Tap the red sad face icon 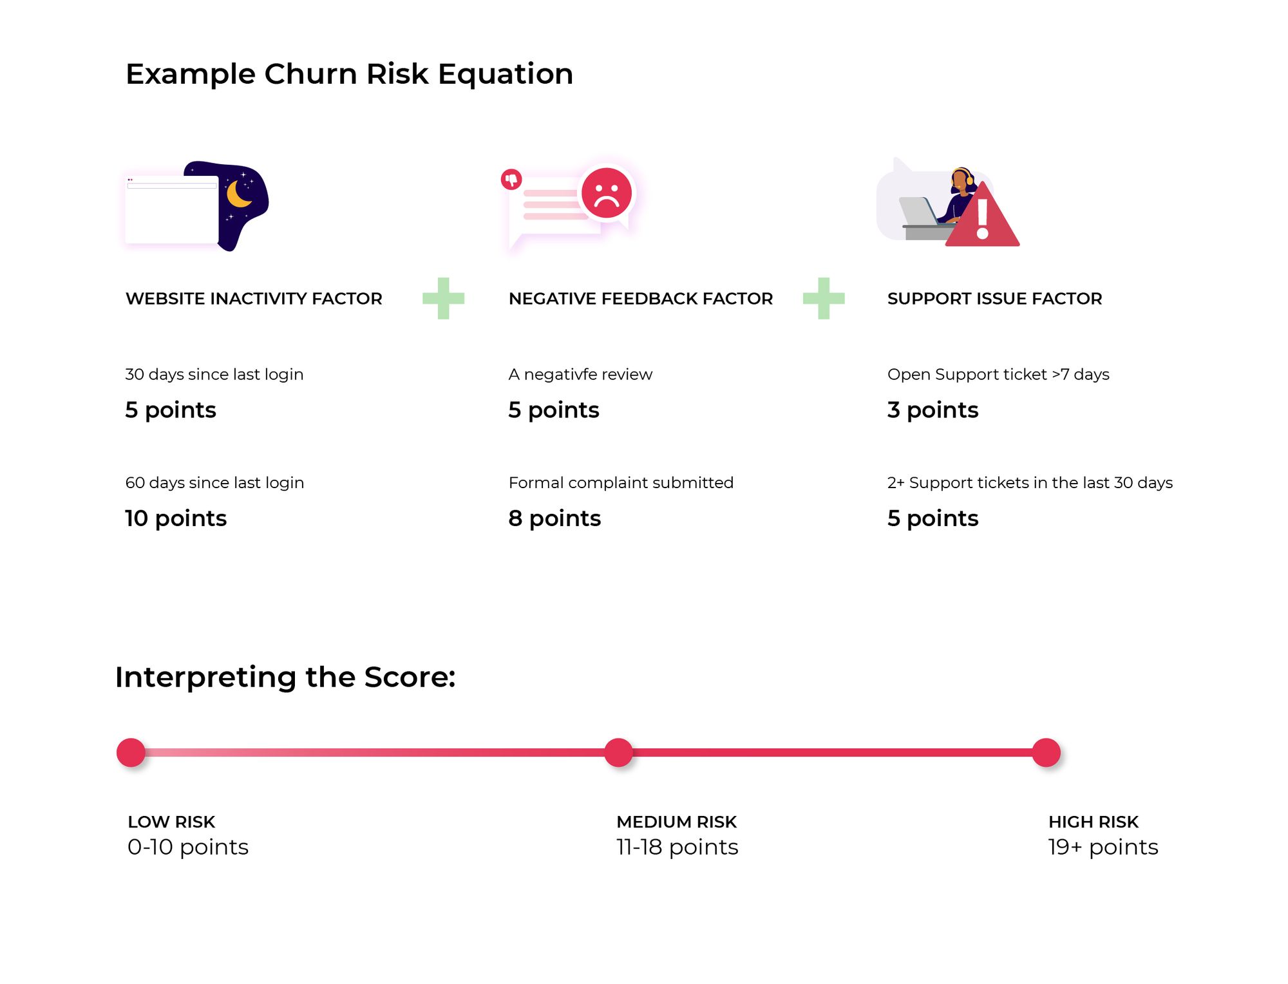pos(606,192)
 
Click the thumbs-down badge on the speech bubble pos(511,179)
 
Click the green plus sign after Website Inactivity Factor pos(443,298)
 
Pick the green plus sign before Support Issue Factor pos(823,298)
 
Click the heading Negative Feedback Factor pos(640,299)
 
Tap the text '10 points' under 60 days pos(176,518)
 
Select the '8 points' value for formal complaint pos(554,518)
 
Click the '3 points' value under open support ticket pos(932,410)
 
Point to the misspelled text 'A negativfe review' pos(580,374)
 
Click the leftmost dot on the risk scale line pos(131,752)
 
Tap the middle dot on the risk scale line pos(618,752)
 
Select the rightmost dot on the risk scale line pos(1046,752)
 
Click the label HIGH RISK pos(1093,822)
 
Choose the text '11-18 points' pos(677,847)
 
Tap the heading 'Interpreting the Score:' pos(285,677)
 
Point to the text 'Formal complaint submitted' pos(621,482)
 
